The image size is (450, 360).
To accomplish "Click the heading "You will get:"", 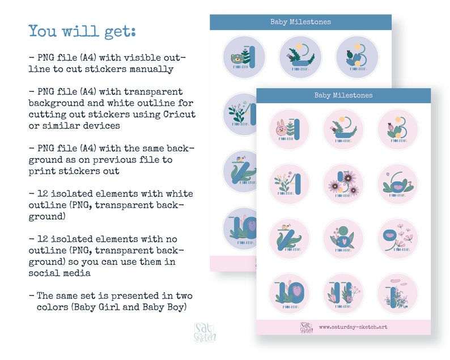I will click(x=82, y=31).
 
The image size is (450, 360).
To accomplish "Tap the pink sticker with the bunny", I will click(x=289, y=130).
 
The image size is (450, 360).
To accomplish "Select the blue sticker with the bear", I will click(x=244, y=57).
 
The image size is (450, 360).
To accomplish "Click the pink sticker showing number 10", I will click(x=289, y=293).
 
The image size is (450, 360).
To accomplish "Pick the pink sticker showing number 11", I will click(x=343, y=293).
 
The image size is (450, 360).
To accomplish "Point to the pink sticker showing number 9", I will click(x=398, y=238).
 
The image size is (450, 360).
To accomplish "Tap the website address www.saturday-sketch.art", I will click(x=353, y=327).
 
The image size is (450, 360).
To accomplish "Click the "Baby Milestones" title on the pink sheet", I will click(x=343, y=96).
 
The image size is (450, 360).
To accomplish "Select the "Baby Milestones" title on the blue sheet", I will click(x=300, y=22).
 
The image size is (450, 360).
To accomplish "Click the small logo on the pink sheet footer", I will click(x=307, y=327).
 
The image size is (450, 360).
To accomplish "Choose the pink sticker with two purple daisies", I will click(x=343, y=184).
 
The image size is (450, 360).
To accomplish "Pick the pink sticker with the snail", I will click(x=289, y=238).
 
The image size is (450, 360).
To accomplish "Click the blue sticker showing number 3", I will click(x=357, y=57).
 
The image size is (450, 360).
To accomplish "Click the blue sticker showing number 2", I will click(x=300, y=57).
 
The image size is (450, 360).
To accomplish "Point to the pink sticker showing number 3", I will click(x=398, y=130).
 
